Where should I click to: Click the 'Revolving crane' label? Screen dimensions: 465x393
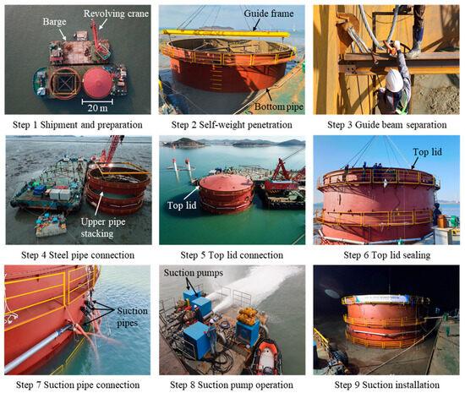[x=116, y=14]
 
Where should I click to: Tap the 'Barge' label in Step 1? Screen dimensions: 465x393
[x=55, y=22]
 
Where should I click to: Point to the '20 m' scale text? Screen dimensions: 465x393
[x=97, y=108]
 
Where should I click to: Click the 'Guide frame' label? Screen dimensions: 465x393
[x=269, y=14]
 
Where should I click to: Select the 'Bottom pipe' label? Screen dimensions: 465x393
[x=279, y=106]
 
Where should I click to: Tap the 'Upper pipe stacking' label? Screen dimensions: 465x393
[x=102, y=227]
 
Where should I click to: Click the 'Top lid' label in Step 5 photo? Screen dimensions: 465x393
[x=182, y=205]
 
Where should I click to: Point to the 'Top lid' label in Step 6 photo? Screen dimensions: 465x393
[x=427, y=152]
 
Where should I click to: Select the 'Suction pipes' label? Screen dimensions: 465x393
[x=132, y=317]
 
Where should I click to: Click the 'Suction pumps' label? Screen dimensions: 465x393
[x=194, y=273]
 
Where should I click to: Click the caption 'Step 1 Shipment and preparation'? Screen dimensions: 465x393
[x=78, y=125]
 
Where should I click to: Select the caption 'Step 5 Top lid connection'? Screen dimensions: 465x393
[x=232, y=255]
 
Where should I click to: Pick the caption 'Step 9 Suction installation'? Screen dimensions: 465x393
[x=387, y=385]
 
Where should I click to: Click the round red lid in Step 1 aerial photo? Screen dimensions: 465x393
[x=97, y=83]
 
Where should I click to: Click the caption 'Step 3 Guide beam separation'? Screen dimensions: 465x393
[x=387, y=125]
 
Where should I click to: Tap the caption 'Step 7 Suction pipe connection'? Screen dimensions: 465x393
[x=78, y=385]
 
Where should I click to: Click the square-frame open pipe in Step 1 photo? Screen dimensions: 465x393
[x=65, y=68]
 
